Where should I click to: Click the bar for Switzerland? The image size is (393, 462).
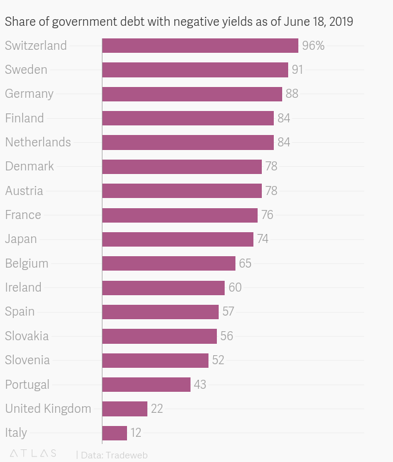click(x=200, y=46)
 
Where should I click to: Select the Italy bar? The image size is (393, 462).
click(x=114, y=433)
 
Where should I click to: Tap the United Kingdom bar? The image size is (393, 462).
click(x=125, y=409)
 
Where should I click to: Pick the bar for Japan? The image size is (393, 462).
click(x=177, y=239)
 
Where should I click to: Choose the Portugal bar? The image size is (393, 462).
click(x=146, y=384)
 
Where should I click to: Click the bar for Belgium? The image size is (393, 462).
click(x=168, y=263)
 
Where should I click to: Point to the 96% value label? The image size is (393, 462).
click(x=313, y=46)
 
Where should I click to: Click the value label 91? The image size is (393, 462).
click(x=297, y=70)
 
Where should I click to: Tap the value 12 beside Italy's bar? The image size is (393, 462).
click(x=136, y=433)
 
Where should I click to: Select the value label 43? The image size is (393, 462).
click(x=200, y=384)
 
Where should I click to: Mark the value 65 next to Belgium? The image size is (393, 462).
click(x=245, y=263)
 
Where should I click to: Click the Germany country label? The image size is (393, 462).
click(x=29, y=94)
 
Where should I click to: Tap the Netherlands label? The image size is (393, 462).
click(x=38, y=142)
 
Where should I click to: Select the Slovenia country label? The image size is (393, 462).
click(x=28, y=360)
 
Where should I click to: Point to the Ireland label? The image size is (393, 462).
click(x=23, y=287)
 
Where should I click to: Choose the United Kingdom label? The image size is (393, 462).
click(x=48, y=409)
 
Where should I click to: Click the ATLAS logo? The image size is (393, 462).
click(x=34, y=454)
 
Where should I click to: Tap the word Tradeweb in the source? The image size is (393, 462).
click(x=126, y=455)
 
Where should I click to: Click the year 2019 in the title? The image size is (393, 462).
click(x=340, y=22)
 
